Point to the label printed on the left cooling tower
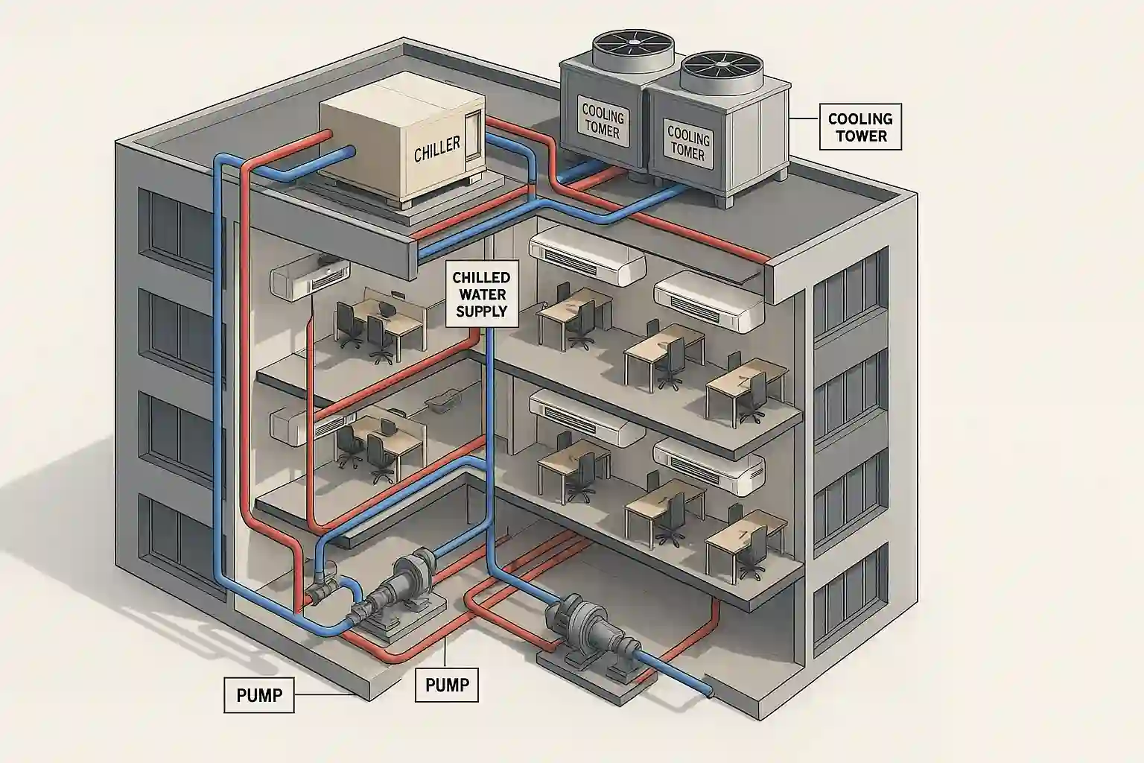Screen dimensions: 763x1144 point(603,123)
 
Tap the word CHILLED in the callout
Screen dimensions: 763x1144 point(480,277)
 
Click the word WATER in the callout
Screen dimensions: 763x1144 point(480,294)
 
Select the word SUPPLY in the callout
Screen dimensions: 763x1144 point(480,311)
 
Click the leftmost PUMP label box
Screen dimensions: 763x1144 point(259,695)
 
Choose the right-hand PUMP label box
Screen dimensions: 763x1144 point(447,683)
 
